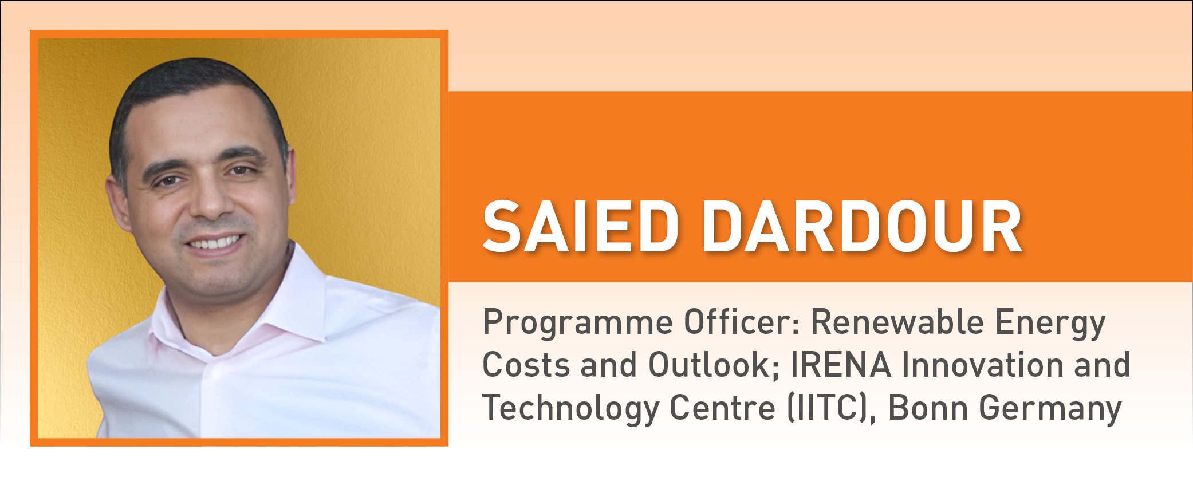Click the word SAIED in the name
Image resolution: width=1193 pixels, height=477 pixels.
tap(580, 227)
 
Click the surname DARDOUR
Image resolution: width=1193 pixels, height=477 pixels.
tap(862, 227)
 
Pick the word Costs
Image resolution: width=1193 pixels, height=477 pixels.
tap(526, 365)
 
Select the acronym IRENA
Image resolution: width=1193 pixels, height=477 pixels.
tap(841, 365)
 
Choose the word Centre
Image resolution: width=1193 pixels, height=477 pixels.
tap(722, 408)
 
